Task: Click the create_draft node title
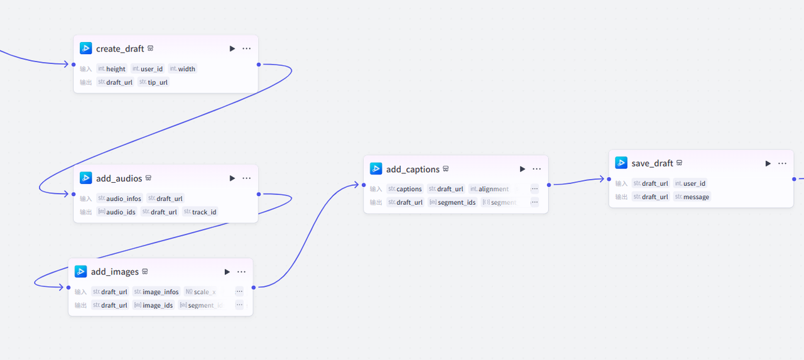[x=120, y=48]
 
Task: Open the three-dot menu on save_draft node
[x=782, y=163]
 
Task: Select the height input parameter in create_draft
[x=116, y=69]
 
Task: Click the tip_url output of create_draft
[x=158, y=82]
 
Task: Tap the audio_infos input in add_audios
[x=124, y=199]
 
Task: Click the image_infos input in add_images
[x=161, y=292]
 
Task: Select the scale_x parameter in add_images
[x=204, y=292]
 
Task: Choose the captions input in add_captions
[x=409, y=188]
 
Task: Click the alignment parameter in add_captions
[x=493, y=188]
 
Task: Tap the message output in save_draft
[x=696, y=197]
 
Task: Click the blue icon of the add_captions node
[x=376, y=169]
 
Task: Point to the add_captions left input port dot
[x=364, y=185]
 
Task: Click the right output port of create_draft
[x=259, y=64]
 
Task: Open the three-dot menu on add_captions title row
[x=536, y=169]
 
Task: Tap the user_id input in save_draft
[x=694, y=183]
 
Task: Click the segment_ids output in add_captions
[x=457, y=202]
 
